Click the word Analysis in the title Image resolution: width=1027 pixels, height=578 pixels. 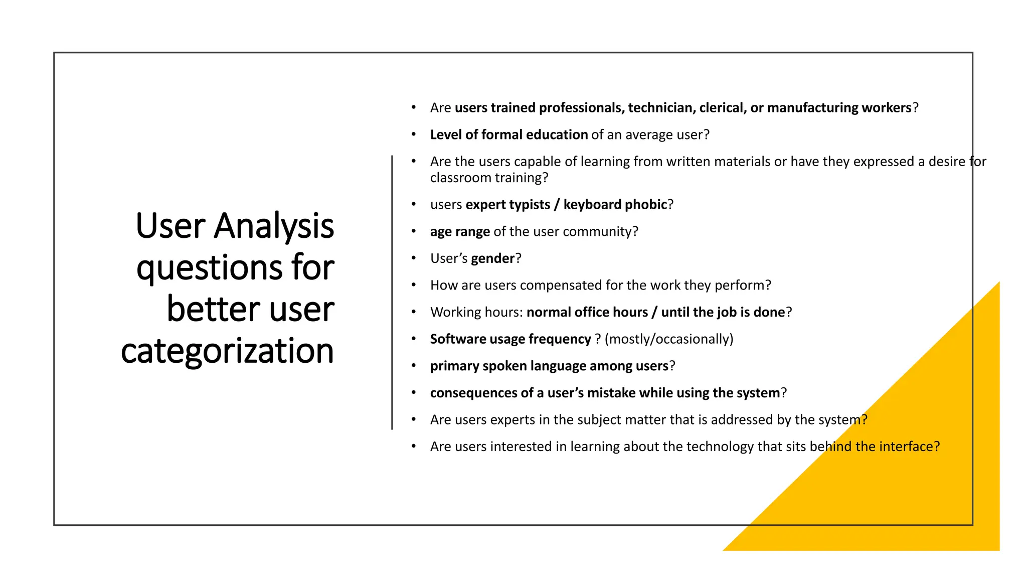[x=274, y=226]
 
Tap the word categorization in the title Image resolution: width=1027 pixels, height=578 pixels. [x=227, y=351]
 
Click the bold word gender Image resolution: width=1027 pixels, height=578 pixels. [x=492, y=258]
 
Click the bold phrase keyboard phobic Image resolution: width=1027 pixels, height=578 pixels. [x=615, y=205]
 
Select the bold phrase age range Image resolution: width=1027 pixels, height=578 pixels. [x=459, y=232]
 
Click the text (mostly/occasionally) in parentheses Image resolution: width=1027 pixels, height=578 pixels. [x=668, y=339]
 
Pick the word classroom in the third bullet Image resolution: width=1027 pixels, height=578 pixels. [x=460, y=178]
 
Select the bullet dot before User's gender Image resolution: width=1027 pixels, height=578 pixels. [x=414, y=258]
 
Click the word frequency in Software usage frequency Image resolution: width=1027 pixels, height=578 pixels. [x=560, y=339]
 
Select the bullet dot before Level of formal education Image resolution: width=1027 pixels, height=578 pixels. [x=414, y=134]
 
